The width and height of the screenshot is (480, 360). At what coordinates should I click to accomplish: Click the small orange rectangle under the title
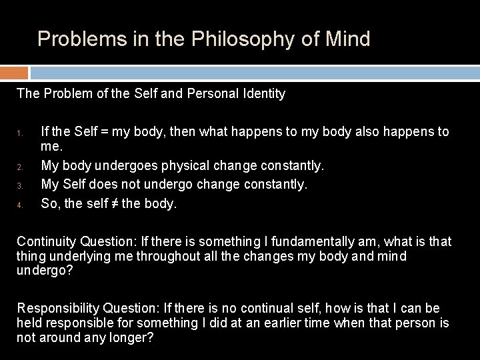coord(14,73)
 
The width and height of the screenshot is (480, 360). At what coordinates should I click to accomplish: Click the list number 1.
coord(20,133)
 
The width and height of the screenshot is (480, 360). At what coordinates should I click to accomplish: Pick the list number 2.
coord(20,166)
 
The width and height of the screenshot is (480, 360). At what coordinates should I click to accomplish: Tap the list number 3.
coord(20,185)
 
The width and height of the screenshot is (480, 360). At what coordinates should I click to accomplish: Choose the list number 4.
coord(20,205)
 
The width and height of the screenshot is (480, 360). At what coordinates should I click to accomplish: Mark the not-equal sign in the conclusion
coord(113,204)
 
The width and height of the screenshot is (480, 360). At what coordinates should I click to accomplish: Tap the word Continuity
coord(45,241)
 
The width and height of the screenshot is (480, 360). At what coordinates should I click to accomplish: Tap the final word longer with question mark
coord(133,338)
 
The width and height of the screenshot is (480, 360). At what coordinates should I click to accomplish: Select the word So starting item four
coord(49,204)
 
